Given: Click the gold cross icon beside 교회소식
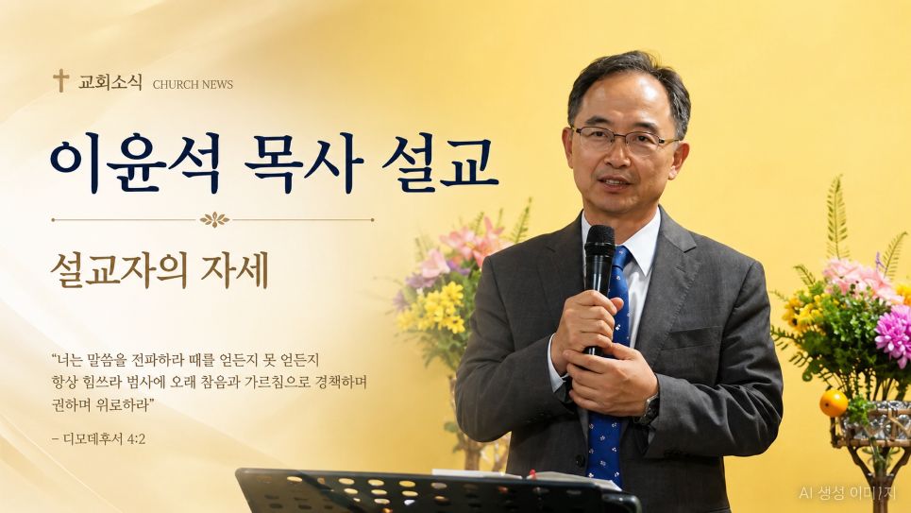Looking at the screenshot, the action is click(x=60, y=80).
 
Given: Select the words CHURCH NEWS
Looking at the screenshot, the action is click(x=193, y=84).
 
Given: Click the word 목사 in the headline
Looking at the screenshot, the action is click(x=303, y=163).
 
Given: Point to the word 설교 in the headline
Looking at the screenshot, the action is click(x=440, y=163).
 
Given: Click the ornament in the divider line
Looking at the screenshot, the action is click(x=214, y=220).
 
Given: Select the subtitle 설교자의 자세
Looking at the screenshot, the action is click(x=160, y=270).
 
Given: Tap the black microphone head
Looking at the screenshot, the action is click(x=599, y=240).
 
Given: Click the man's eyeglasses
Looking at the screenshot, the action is click(x=625, y=139).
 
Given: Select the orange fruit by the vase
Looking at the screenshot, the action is click(x=834, y=403).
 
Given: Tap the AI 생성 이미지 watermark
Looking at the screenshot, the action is click(x=848, y=493).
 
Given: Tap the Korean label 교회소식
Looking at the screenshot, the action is click(x=110, y=82).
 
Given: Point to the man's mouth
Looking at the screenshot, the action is click(x=615, y=183).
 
